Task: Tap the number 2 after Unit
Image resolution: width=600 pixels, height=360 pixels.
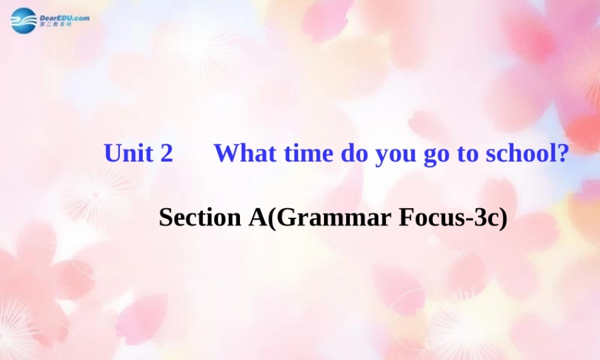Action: click(x=166, y=154)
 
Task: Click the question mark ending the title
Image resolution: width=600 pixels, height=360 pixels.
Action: click(x=562, y=154)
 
